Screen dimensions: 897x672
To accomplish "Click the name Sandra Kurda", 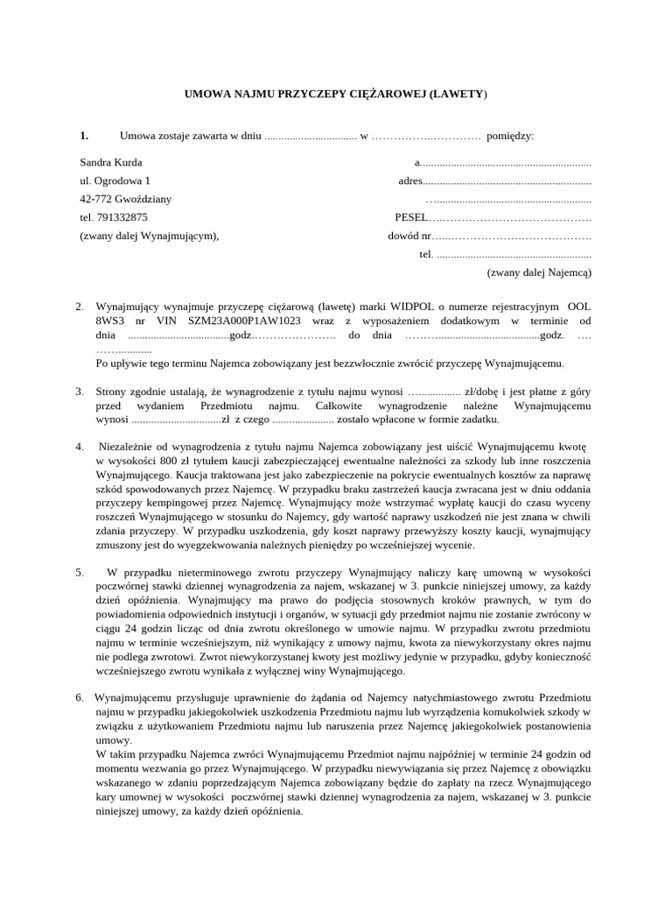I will click(110, 162).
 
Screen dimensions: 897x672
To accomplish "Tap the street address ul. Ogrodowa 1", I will click(115, 180).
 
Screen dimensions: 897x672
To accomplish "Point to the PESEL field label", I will click(410, 217).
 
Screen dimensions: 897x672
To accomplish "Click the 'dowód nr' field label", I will click(409, 236).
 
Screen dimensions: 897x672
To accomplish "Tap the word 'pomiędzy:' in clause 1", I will click(509, 135).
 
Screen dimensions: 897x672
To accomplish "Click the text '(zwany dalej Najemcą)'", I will click(539, 272).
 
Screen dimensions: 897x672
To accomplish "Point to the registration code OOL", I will click(579, 307).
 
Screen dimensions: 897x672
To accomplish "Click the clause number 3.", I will click(80, 392).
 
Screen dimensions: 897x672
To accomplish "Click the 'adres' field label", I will click(409, 180).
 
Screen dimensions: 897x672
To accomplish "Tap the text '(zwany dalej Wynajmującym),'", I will click(149, 236).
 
